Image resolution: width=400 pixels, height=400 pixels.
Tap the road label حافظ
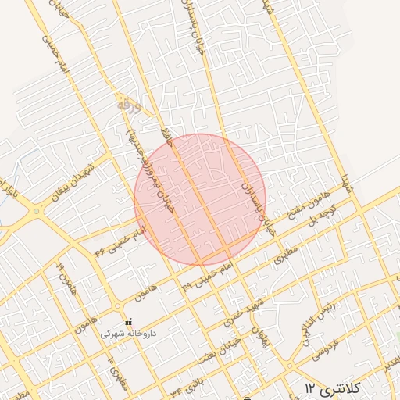point(165,134)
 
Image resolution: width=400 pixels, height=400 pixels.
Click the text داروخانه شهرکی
point(129,334)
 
